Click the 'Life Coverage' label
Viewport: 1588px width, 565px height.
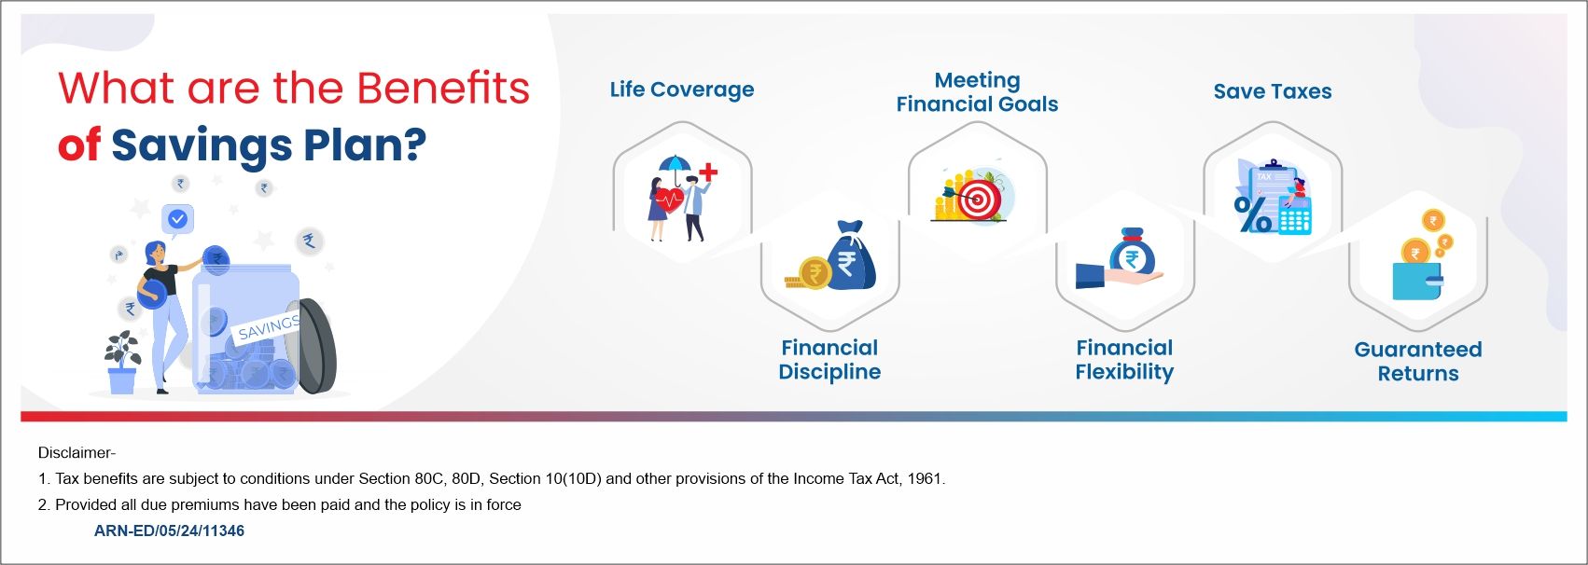681,90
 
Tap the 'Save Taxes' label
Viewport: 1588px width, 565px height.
1272,91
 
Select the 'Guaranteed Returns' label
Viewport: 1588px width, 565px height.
1417,361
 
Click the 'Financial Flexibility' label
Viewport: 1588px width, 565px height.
1123,359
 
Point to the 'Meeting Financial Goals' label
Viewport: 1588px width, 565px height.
977,92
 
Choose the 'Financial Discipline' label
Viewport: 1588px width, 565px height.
829,359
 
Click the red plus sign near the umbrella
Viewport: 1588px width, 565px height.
708,172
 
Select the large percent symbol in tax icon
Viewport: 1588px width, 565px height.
1252,214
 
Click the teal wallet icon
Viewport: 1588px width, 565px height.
1416,281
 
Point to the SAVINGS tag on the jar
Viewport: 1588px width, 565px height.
269,327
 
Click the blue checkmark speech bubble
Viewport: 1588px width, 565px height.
177,220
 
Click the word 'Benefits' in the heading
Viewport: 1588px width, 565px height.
443,89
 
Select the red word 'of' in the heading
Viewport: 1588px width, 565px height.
78,146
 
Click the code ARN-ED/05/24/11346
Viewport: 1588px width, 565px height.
169,531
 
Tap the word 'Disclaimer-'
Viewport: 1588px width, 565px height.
77,453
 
